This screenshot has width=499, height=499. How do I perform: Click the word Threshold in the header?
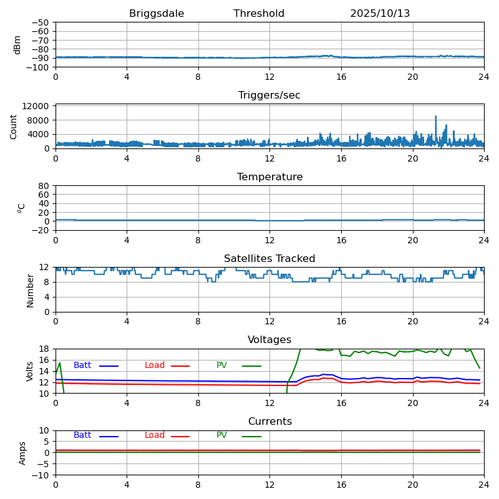[259, 14]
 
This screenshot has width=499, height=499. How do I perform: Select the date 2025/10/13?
[380, 14]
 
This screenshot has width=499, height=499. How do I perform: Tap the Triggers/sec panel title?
[269, 95]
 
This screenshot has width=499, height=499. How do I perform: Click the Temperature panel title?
[269, 177]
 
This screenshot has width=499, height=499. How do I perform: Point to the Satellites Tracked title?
[269, 259]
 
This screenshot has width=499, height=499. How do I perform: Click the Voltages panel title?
[269, 340]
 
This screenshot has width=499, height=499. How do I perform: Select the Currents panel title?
[269, 422]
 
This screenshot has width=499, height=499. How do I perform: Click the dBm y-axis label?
[17, 44]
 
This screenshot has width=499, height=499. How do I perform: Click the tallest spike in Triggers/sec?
[436, 117]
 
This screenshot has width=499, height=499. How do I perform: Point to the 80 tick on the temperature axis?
[44, 186]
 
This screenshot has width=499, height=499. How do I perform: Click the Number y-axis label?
[30, 290]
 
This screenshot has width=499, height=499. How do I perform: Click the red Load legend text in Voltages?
[155, 366]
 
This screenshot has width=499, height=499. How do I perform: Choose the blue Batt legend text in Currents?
[82, 435]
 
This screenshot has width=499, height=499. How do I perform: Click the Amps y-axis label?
[22, 453]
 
